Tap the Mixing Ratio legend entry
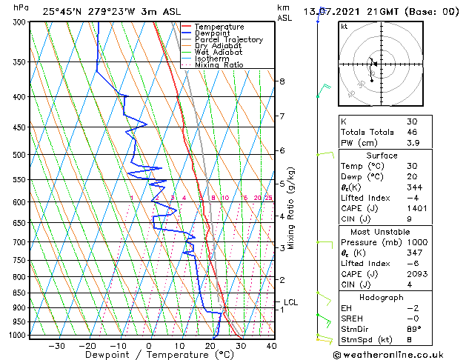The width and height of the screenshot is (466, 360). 219,65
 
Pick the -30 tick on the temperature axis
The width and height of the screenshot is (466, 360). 56,345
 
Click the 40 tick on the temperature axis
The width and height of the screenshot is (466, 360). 271,345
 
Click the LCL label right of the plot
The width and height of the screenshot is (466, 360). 290,302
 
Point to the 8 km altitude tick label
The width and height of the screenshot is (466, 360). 282,81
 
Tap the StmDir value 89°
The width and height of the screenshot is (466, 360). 413,328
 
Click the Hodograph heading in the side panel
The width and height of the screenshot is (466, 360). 382,297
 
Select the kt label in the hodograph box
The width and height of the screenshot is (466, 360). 344,26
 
